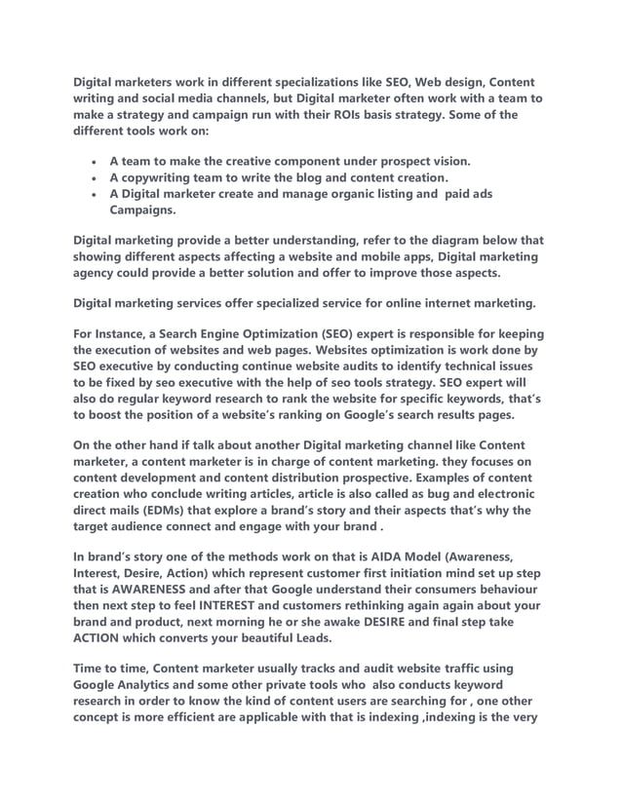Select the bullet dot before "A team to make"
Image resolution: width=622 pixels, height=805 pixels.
[x=92, y=161]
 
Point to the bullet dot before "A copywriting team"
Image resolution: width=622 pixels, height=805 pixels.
[x=92, y=177]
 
